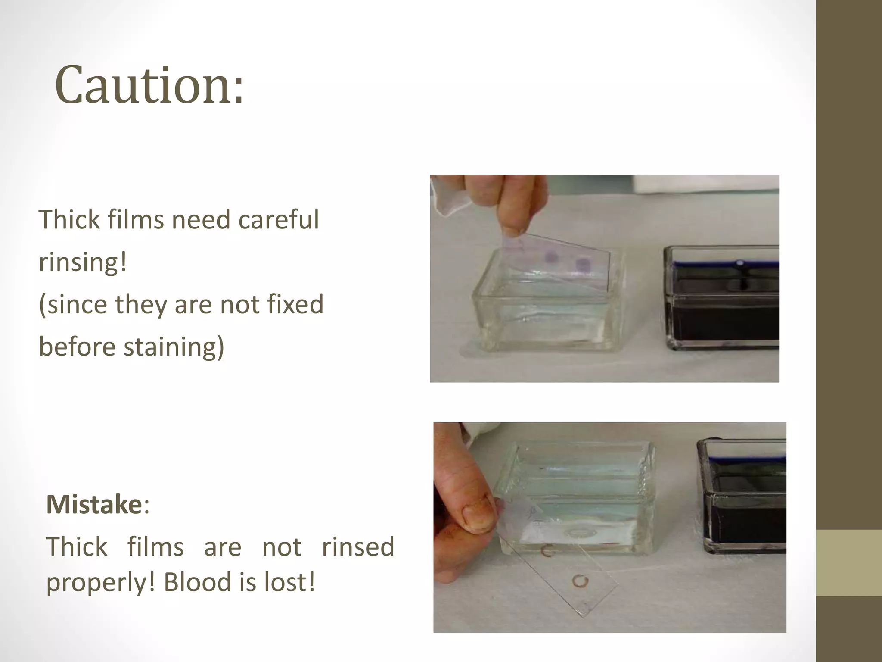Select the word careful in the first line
(278, 219)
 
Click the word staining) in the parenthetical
(174, 347)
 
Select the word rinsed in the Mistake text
(358, 546)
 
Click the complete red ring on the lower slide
(580, 581)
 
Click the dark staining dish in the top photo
(722, 297)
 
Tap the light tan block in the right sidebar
(848, 563)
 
